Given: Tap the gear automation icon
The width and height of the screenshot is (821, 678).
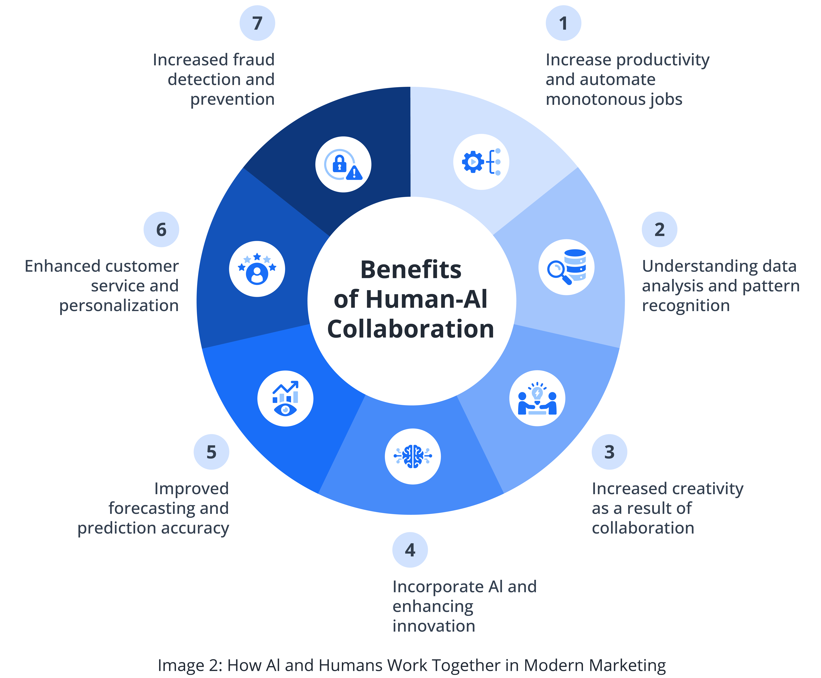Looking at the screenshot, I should (x=481, y=162).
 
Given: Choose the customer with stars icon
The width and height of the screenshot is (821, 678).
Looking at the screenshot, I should (x=257, y=269).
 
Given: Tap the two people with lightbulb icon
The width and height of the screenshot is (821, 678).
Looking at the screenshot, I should (x=537, y=398).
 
